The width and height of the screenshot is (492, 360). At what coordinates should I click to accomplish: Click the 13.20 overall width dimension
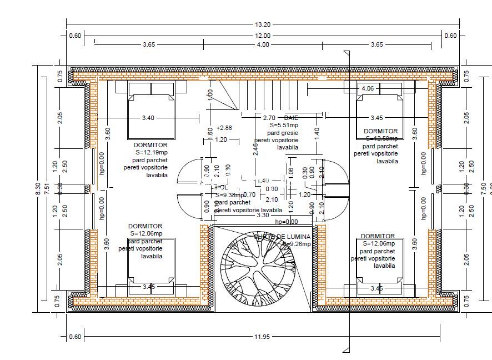[x=263, y=24]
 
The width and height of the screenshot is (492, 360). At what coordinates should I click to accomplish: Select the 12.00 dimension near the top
[x=263, y=36]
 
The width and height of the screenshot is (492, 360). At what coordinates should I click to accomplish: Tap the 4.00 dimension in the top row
[x=263, y=44]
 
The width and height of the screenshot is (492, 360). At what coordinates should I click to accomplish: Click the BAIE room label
[x=291, y=118]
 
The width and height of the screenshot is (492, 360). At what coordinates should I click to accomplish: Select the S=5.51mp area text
[x=284, y=126]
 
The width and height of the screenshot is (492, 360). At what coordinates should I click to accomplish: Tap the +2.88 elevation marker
[x=224, y=127]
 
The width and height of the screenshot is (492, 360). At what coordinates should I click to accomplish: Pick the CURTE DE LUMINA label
[x=282, y=237]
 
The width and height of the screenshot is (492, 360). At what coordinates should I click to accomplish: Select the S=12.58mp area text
[x=380, y=138]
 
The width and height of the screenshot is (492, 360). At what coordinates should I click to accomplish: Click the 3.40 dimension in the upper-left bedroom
[x=148, y=118]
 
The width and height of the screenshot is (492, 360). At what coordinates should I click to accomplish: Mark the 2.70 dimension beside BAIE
[x=269, y=118]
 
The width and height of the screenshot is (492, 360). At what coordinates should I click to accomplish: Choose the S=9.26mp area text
[x=297, y=243]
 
